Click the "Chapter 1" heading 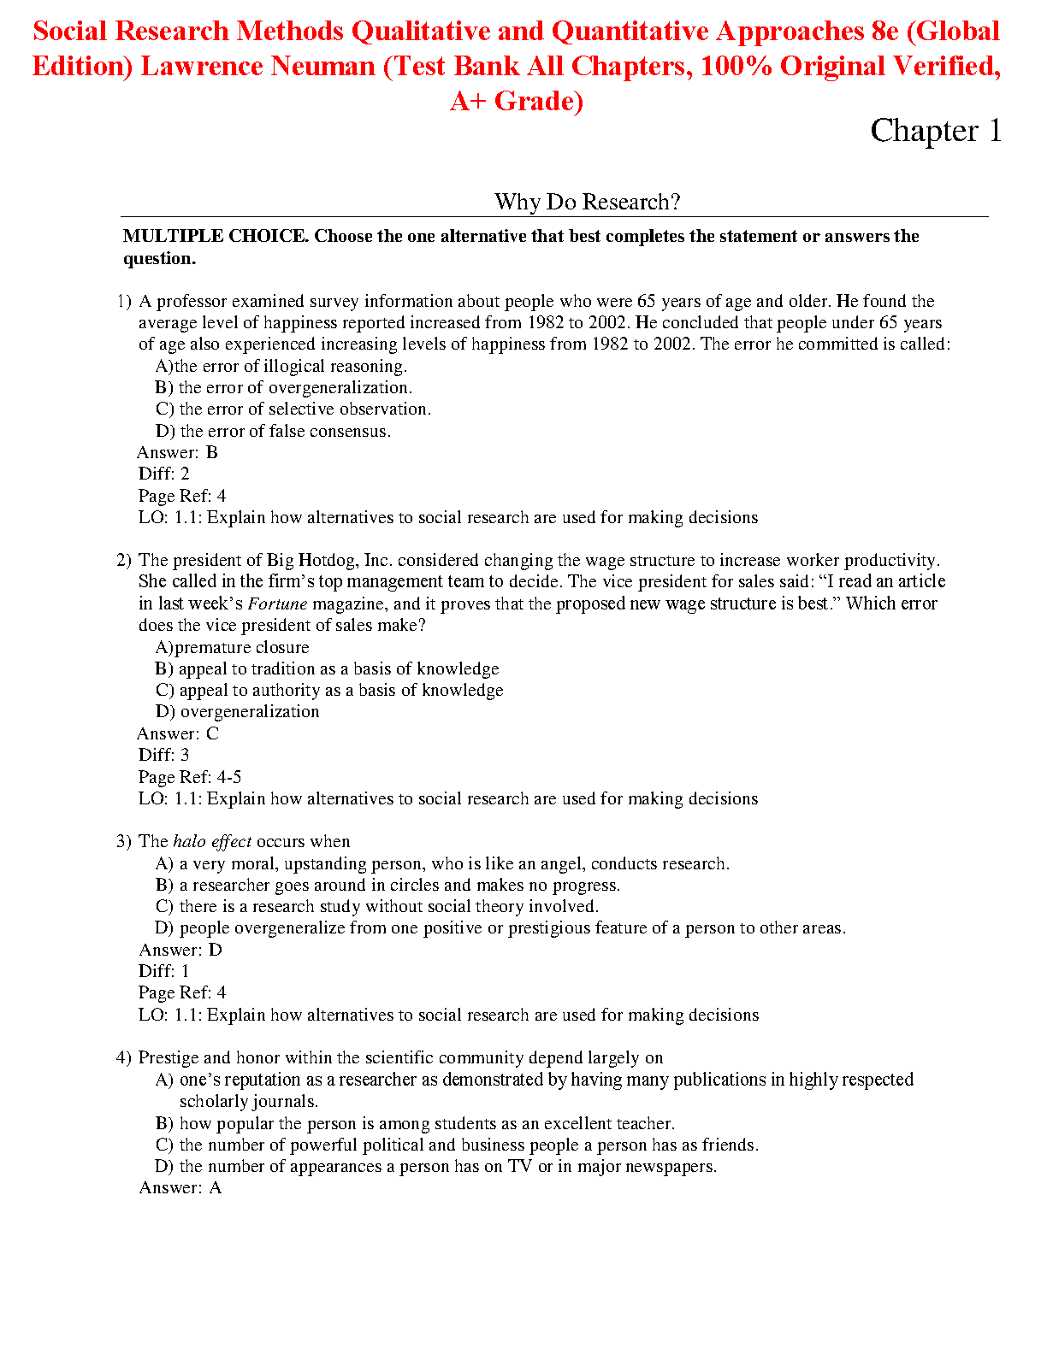coord(935,131)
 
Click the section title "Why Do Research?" coord(587,202)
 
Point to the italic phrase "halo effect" coord(212,841)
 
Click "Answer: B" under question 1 coord(178,452)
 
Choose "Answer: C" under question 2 coord(178,733)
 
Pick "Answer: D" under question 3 coord(180,950)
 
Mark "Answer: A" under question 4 coord(180,1187)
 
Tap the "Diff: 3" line coord(164,755)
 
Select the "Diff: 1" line coord(164,971)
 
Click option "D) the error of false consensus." coord(273,431)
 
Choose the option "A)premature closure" coord(232,647)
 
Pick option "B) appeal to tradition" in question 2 coord(327,668)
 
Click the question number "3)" coord(124,841)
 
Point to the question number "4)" coord(124,1057)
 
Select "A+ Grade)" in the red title coord(517,101)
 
